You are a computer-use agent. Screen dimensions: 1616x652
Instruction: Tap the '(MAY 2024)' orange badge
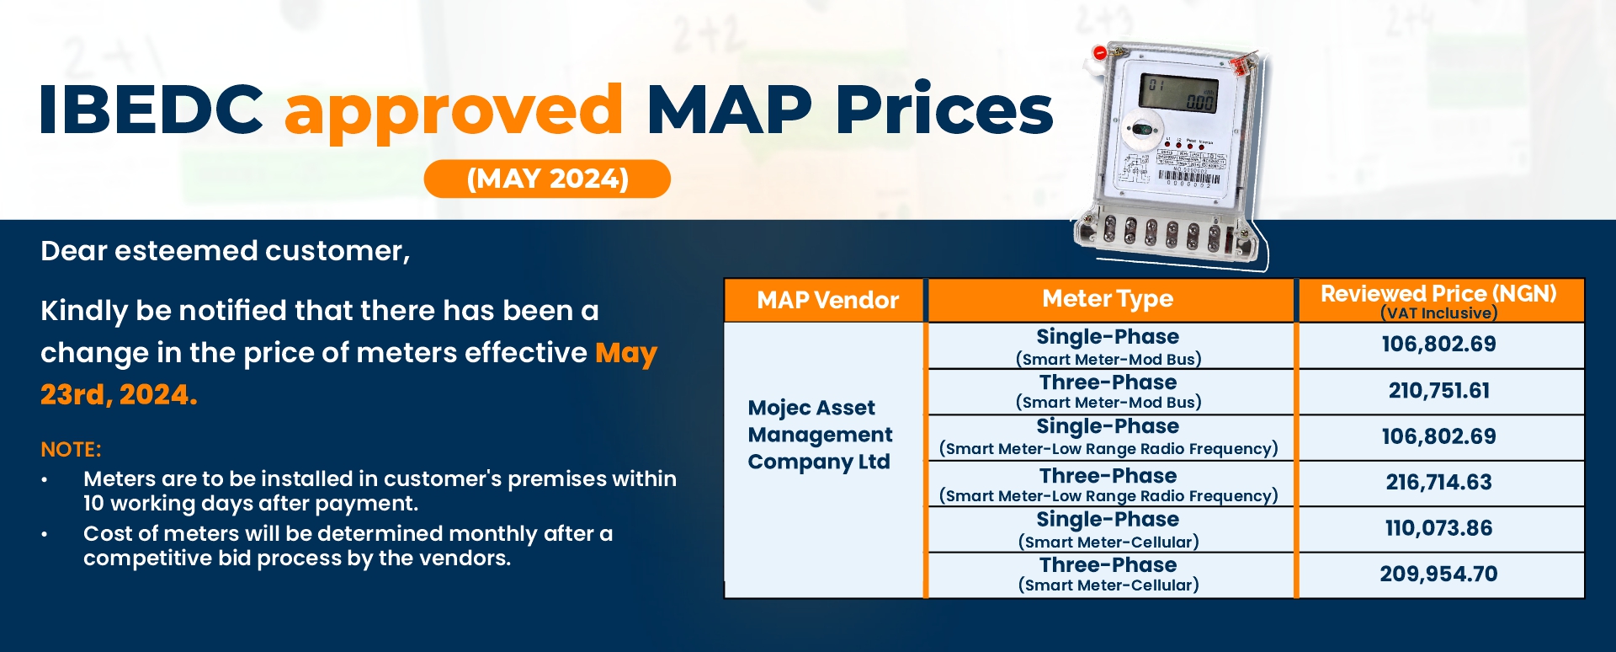(547, 179)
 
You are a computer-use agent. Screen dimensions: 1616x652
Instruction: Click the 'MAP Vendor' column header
(827, 300)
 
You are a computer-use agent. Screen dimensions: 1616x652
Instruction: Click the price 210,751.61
(1439, 391)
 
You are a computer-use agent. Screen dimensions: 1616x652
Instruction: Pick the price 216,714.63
(1439, 483)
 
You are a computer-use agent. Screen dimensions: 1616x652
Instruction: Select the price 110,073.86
(1439, 528)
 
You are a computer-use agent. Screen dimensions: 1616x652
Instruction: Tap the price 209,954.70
(1439, 575)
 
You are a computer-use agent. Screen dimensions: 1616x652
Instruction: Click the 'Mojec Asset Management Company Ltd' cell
(820, 435)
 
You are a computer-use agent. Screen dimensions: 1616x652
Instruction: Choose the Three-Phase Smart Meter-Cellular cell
(1108, 575)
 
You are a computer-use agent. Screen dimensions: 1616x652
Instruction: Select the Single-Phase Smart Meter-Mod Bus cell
(1108, 346)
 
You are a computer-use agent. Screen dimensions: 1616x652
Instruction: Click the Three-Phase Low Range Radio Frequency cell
(1108, 484)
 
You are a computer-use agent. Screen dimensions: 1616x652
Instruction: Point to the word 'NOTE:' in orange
(71, 450)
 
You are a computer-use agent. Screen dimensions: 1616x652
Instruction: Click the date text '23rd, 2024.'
(119, 394)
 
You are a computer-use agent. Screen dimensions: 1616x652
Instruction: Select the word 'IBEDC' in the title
(151, 110)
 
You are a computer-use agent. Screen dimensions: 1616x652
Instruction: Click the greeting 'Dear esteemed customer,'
(226, 251)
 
